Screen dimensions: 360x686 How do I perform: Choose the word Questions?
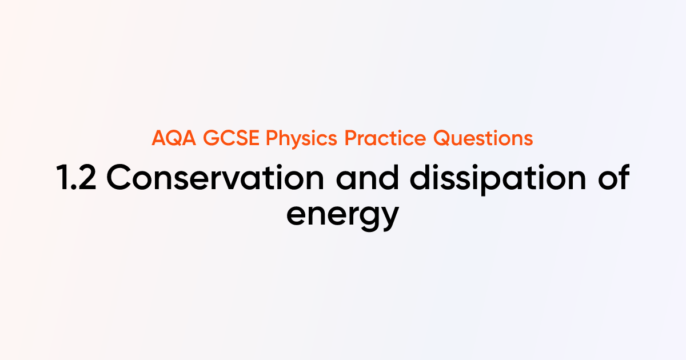point(484,139)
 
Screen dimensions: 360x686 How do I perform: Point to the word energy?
point(342,215)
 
